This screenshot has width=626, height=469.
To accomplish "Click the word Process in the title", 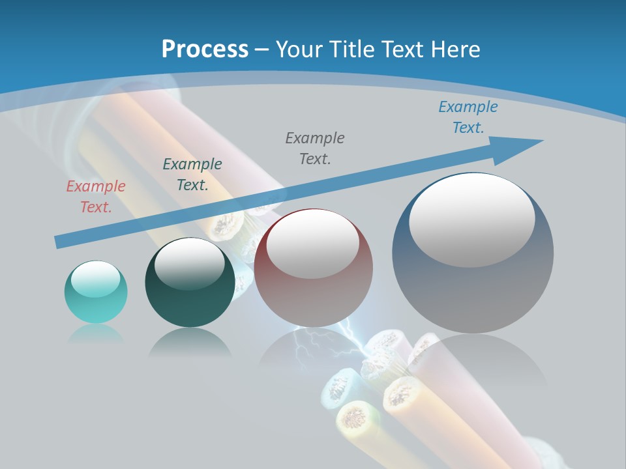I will click(205, 50).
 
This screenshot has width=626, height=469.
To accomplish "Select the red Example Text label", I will click(96, 197).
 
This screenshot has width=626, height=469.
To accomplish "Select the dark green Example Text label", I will click(192, 175).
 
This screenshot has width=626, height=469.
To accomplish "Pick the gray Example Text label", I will click(315, 149).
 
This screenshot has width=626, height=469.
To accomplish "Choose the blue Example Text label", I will click(468, 117).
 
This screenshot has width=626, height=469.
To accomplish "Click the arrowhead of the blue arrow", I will click(522, 146).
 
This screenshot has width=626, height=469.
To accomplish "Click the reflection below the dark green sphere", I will click(190, 342).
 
